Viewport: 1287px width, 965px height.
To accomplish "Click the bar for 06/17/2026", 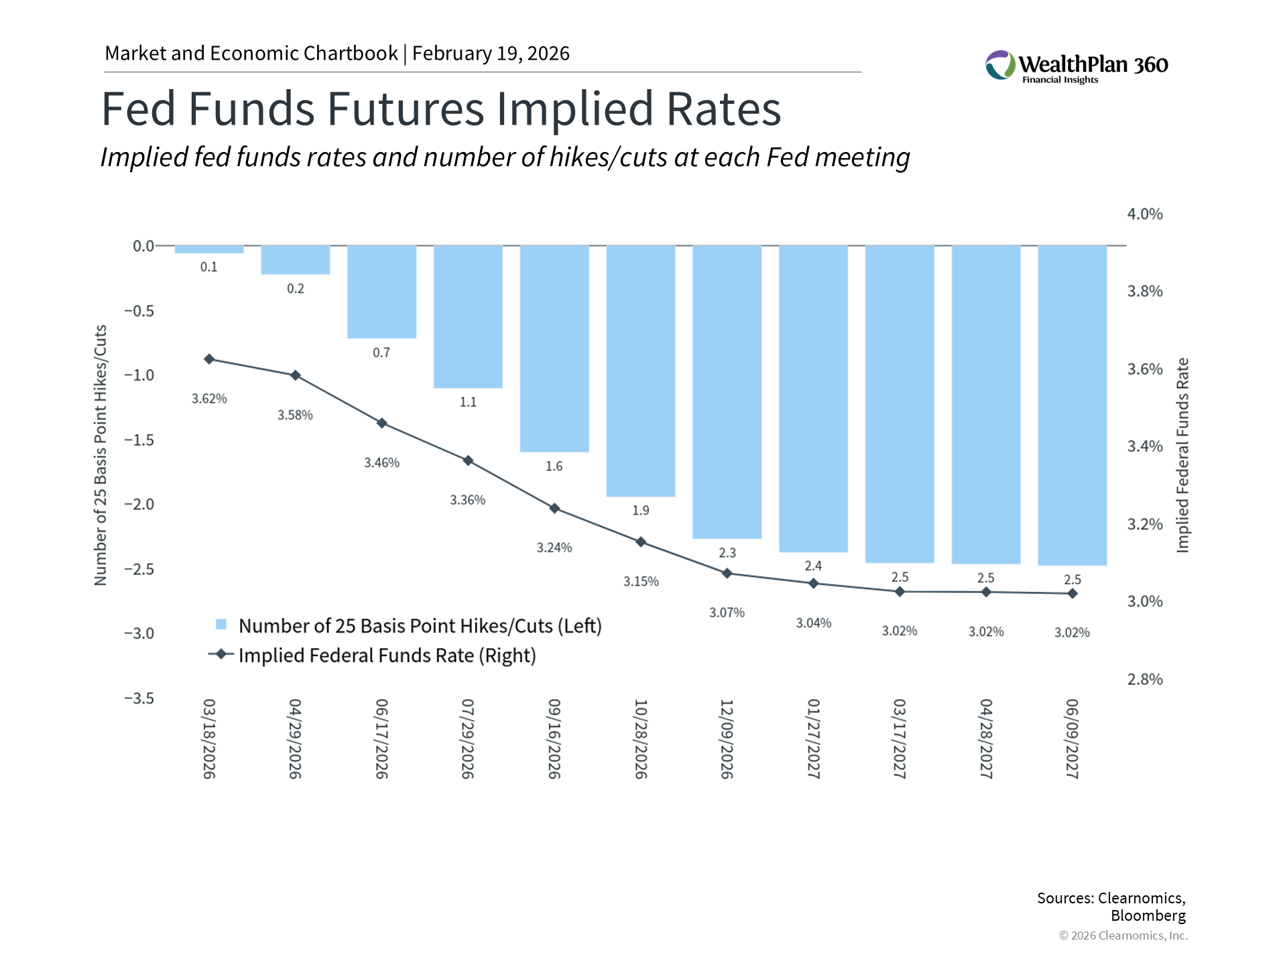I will [x=381, y=292].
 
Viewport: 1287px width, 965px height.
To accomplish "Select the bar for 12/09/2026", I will [x=727, y=391].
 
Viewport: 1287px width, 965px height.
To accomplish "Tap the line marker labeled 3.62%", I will [x=209, y=359].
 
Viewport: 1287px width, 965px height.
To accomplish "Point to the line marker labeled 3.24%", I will [x=554, y=509].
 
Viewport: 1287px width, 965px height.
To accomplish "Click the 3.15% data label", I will [x=641, y=582].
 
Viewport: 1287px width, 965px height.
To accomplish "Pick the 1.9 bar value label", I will [x=641, y=511].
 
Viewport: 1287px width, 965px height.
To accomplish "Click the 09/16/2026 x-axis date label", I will [x=554, y=738].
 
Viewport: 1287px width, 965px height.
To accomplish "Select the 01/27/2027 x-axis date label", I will [x=813, y=738].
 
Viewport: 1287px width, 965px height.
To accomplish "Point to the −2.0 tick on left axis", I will [x=139, y=505].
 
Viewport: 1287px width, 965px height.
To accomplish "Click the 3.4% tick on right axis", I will [x=1145, y=446].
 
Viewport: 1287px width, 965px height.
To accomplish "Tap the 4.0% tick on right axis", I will [x=1145, y=214].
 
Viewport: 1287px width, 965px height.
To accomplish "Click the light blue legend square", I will [x=221, y=625].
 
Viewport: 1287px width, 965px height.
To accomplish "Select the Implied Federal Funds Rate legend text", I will [x=387, y=655].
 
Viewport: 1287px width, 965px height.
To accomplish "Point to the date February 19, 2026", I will [x=491, y=54].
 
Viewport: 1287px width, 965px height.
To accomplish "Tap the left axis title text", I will [x=101, y=456].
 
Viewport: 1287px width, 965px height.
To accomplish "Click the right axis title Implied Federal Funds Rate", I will [x=1183, y=456].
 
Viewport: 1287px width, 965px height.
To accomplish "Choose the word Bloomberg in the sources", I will [x=1148, y=915].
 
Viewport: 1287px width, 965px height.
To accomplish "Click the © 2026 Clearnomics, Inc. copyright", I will [x=1123, y=936].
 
